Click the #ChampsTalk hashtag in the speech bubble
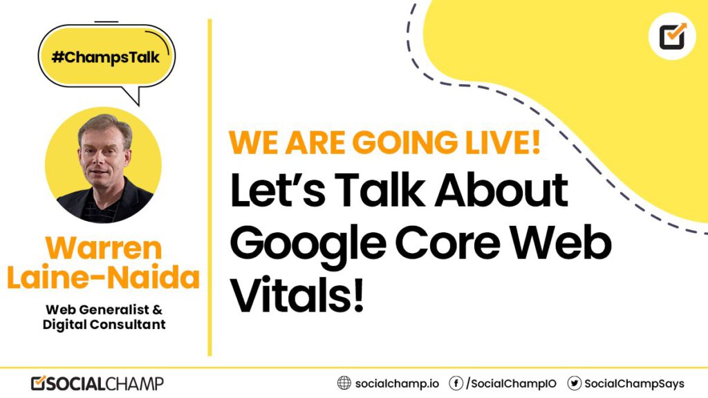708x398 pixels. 106,58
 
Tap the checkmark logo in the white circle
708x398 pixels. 672,36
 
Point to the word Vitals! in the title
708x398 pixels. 297,295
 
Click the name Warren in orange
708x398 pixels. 104,248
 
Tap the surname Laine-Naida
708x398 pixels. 104,278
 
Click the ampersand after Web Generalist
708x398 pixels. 157,310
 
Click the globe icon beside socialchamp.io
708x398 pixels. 344,383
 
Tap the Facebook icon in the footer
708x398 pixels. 456,383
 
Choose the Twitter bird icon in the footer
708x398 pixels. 575,383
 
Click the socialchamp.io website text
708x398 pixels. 397,384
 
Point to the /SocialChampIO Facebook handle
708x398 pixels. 511,384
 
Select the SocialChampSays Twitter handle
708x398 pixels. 635,384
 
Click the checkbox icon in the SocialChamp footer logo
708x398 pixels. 39,383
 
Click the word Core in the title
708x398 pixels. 448,244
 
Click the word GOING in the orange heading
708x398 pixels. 404,142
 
